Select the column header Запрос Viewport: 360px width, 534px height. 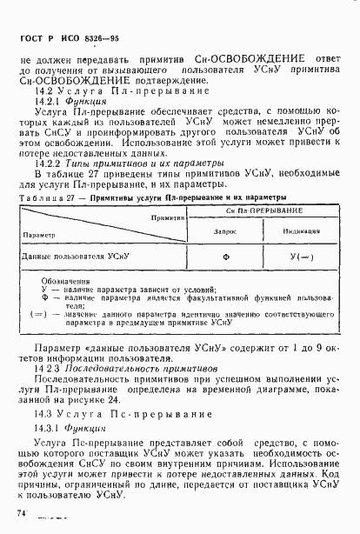click(224, 231)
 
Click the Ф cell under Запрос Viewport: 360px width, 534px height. click(224, 257)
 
